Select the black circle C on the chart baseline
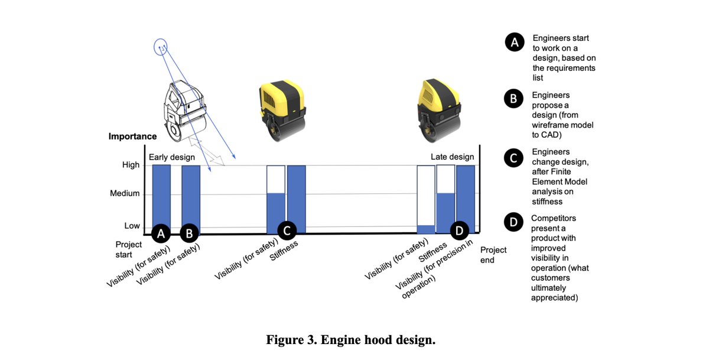pos(287,231)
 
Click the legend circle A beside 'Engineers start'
pos(514,43)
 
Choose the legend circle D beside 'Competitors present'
pos(514,222)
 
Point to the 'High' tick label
pos(131,165)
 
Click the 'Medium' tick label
pos(125,193)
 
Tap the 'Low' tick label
pos(132,226)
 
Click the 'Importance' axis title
pos(132,137)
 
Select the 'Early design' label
pos(171,157)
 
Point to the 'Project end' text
pos(493,255)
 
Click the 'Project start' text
pos(128,249)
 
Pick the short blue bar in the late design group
pos(425,229)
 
